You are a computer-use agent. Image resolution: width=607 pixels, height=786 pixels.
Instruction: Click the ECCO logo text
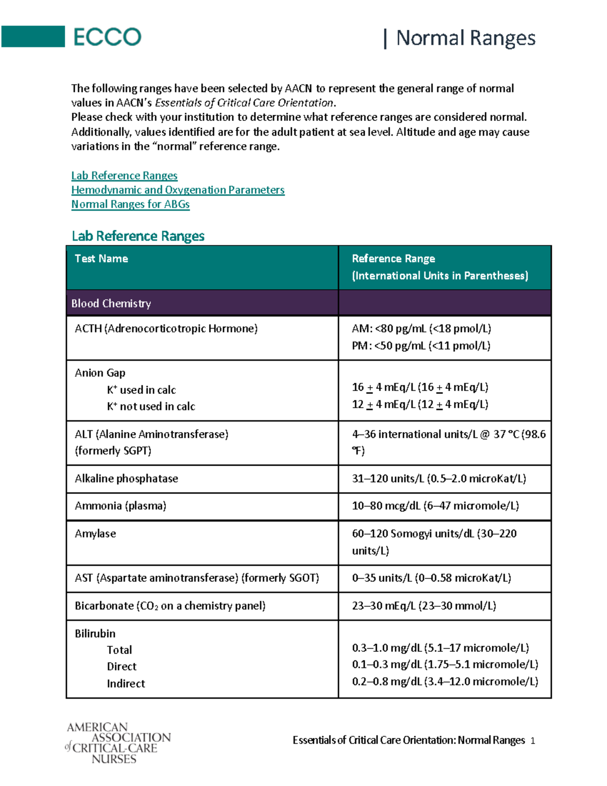(x=107, y=37)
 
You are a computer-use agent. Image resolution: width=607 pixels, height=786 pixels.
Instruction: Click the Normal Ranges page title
(x=465, y=38)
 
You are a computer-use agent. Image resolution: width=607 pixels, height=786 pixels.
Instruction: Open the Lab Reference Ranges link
(x=124, y=176)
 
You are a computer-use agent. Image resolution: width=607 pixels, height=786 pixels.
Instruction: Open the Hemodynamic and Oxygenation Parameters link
(x=178, y=190)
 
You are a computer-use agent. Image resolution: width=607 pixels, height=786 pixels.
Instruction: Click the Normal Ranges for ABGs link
(x=131, y=204)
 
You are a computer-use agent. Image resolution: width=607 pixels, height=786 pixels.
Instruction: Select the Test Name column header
(x=101, y=259)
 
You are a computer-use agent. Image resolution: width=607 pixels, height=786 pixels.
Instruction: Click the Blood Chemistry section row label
(x=111, y=304)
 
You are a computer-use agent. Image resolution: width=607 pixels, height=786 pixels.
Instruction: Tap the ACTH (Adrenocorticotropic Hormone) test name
(x=166, y=328)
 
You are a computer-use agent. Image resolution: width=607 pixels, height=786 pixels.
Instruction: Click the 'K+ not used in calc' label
(x=151, y=406)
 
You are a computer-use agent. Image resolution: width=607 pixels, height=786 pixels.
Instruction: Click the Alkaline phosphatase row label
(x=126, y=479)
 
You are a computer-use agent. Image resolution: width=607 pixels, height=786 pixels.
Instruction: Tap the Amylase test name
(x=95, y=534)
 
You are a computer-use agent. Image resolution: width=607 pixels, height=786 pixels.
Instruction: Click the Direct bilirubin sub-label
(x=121, y=667)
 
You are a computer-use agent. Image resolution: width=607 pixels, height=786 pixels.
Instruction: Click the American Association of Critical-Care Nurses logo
(x=118, y=742)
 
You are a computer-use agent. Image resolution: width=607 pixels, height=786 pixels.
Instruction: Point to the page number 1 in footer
(x=533, y=741)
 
